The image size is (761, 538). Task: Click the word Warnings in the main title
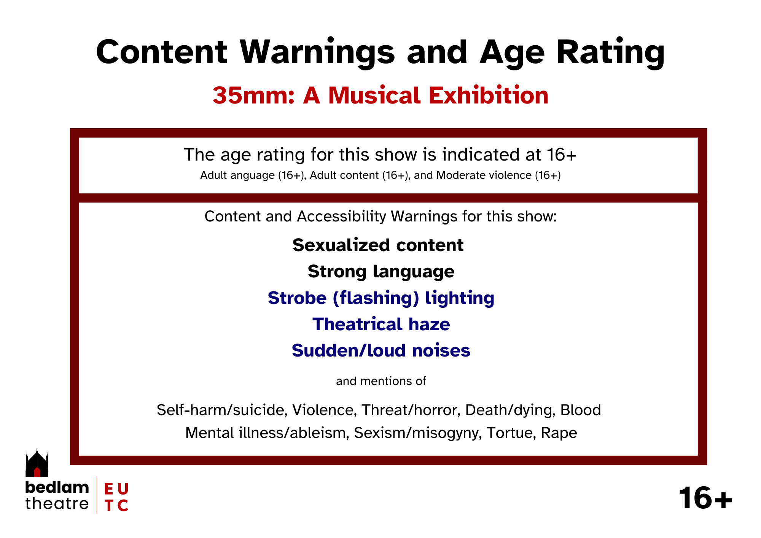pos(317,53)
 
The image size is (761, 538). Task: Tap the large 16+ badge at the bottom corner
pos(705,498)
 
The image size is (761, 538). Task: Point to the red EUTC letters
pos(116,497)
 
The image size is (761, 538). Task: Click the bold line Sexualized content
pos(378,245)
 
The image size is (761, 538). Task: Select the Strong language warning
pos(381,272)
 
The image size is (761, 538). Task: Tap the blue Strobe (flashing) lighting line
pos(381,298)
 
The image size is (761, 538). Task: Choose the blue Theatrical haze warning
pos(381,324)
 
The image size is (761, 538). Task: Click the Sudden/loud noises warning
pos(381,350)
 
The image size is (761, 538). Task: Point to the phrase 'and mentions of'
pos(381,381)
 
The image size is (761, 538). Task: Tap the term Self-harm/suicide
pos(222,410)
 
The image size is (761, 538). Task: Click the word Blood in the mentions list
pos(581,410)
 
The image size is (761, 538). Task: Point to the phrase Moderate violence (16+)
pos(498,175)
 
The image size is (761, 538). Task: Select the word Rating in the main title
pos(610,53)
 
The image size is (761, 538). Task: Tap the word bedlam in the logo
pos(57,487)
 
